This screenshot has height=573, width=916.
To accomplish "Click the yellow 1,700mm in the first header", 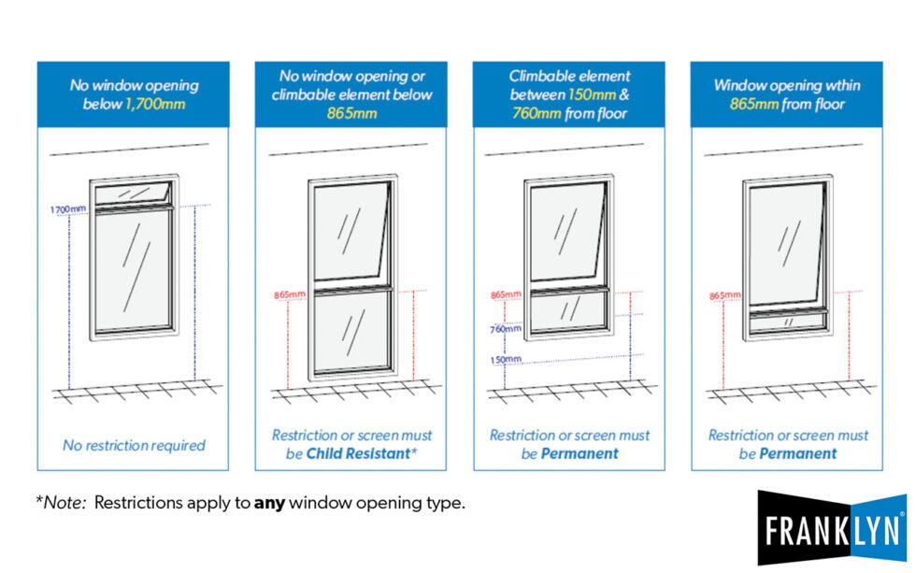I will (154, 104).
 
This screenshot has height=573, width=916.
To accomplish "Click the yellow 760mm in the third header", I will (536, 113).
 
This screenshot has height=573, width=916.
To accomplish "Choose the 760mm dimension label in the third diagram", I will (506, 328).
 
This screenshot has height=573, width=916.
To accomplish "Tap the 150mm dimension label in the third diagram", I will (506, 360).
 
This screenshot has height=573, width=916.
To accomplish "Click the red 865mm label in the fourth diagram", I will (725, 295).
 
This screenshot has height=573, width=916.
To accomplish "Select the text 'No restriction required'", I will (134, 445).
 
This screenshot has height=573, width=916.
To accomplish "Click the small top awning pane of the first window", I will (133, 191).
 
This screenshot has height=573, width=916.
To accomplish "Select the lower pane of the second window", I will (351, 331).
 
